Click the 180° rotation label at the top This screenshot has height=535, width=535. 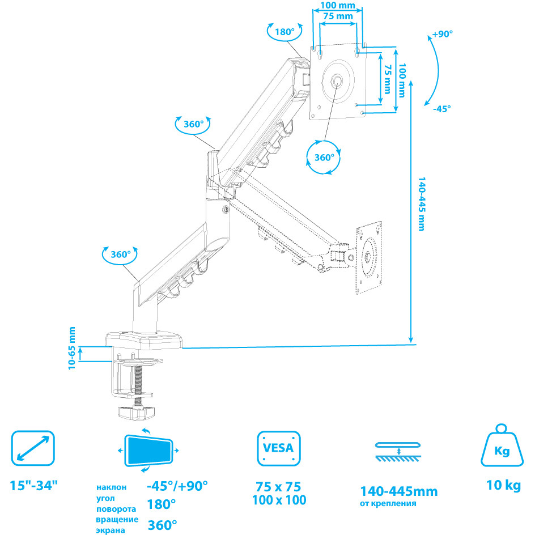tap(285, 32)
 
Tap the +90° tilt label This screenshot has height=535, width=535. tap(442, 34)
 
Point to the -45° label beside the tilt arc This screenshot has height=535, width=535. tap(442, 109)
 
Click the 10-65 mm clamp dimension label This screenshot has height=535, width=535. tap(71, 348)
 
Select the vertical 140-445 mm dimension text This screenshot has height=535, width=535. tap(422, 204)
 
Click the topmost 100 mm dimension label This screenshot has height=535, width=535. tap(338, 6)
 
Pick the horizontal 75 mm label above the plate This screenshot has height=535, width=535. tap(338, 16)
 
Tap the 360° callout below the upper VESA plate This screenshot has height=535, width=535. tap(324, 158)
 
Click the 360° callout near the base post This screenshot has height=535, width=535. tap(121, 254)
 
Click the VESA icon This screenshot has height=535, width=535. tap(279, 448)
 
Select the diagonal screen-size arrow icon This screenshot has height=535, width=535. tap(33, 448)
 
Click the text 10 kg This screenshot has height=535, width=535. tap(504, 485)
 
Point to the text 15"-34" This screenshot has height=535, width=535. tap(33, 485)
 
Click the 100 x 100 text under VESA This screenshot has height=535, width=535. tap(279, 500)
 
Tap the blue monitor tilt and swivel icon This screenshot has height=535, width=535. tap(148, 450)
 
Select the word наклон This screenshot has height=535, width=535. tap(111, 487)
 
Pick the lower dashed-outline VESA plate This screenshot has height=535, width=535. tap(368, 258)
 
